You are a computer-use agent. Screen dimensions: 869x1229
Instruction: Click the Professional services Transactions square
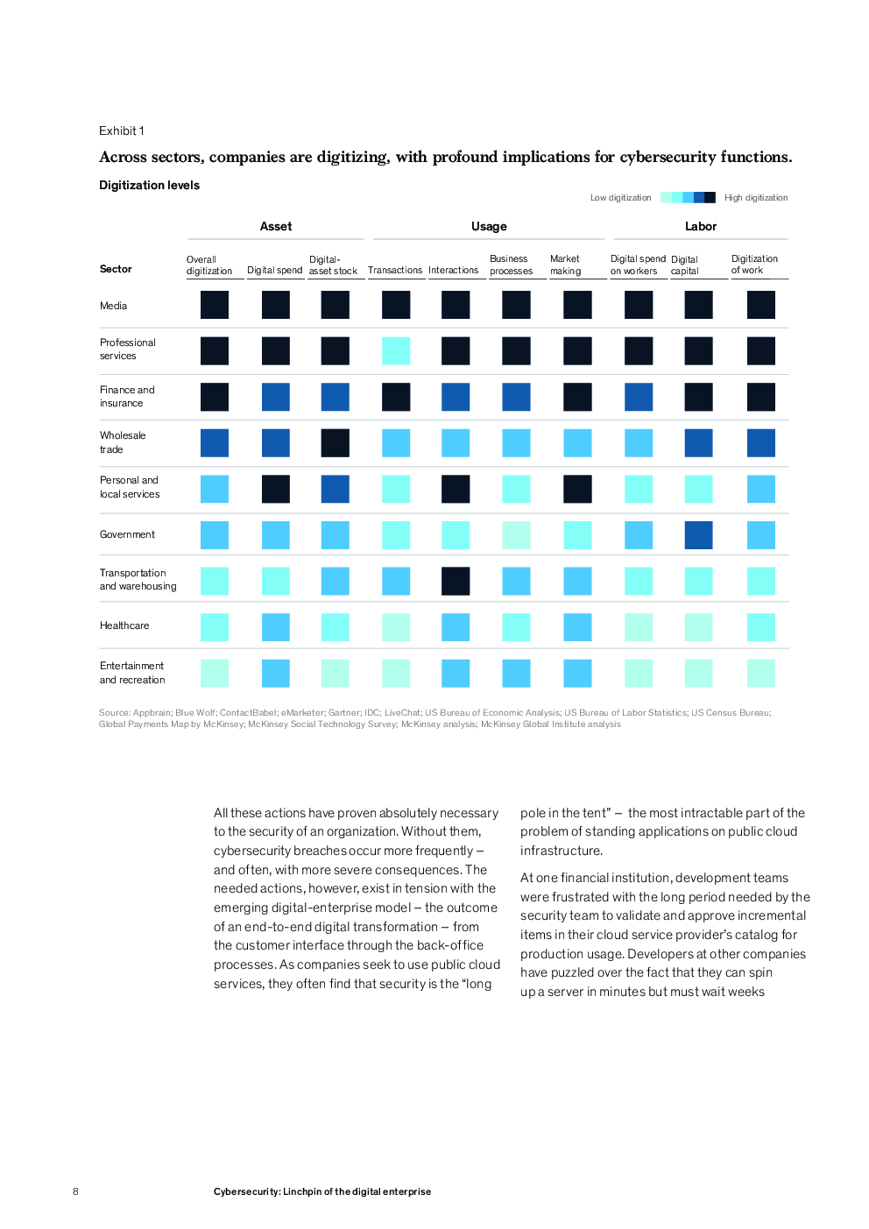click(x=396, y=350)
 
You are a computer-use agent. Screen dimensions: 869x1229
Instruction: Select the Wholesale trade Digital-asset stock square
click(x=335, y=442)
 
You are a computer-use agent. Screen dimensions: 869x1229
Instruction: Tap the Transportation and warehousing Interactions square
click(x=456, y=581)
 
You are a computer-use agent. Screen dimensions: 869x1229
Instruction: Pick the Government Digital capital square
click(x=698, y=535)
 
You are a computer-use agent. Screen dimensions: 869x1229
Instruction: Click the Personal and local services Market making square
click(x=577, y=489)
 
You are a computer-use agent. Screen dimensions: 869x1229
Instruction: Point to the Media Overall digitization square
click(x=214, y=305)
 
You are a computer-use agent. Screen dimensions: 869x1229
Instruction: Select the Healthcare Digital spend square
click(x=275, y=627)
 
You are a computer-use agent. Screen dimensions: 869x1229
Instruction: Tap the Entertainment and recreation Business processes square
click(x=516, y=674)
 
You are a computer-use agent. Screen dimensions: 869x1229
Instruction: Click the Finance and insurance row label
click(x=127, y=396)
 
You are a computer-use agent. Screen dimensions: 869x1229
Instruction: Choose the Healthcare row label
click(x=124, y=625)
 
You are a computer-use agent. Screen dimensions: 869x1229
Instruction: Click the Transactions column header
click(x=395, y=270)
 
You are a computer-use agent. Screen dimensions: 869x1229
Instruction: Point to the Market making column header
click(x=565, y=265)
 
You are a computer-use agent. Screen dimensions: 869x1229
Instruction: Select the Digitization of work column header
click(x=754, y=264)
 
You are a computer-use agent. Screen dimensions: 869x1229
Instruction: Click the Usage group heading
click(x=489, y=226)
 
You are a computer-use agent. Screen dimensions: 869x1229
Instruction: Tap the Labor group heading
click(x=701, y=226)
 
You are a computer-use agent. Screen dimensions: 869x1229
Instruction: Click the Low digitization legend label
click(x=620, y=197)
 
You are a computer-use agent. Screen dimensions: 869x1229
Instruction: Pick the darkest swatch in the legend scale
click(x=710, y=197)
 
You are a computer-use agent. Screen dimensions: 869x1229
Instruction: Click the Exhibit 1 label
click(x=121, y=131)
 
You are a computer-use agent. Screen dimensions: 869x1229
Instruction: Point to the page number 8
click(x=75, y=1191)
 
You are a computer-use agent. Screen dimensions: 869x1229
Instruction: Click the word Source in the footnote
click(x=114, y=713)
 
